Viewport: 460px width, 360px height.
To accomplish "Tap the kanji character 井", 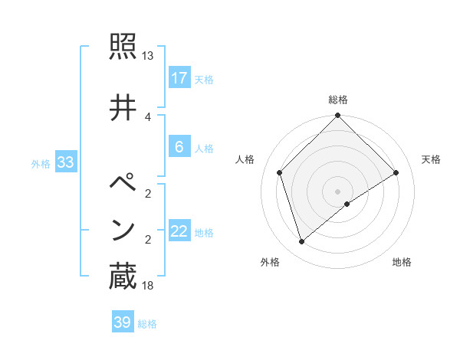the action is pyautogui.click(x=123, y=107).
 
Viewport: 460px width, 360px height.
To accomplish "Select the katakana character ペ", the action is pyautogui.click(x=123, y=184).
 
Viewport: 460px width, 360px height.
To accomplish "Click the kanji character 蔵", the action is pyautogui.click(x=123, y=278).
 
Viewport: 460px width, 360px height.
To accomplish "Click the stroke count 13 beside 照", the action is pyautogui.click(x=148, y=56).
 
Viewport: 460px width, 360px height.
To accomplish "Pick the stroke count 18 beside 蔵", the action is pyautogui.click(x=148, y=286).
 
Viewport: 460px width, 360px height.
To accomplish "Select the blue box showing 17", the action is pyautogui.click(x=179, y=78).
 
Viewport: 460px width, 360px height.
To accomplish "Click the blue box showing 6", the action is pyautogui.click(x=179, y=147).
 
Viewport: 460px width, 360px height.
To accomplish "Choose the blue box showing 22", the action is pyautogui.click(x=179, y=231).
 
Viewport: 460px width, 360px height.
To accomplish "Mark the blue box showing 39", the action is pyautogui.click(x=122, y=322).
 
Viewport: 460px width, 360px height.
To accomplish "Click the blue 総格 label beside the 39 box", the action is pyautogui.click(x=147, y=324).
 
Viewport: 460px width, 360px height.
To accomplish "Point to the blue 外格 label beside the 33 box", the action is pyautogui.click(x=40, y=163).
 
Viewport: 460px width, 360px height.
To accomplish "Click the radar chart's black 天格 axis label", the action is pyautogui.click(x=432, y=159).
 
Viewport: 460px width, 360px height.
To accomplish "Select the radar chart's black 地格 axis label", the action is pyautogui.click(x=402, y=262).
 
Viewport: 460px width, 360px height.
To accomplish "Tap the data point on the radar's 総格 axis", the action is pyautogui.click(x=337, y=116).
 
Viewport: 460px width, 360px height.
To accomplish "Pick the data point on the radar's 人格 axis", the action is pyautogui.click(x=280, y=172).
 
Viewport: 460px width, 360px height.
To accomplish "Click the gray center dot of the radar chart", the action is pyautogui.click(x=337, y=191).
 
